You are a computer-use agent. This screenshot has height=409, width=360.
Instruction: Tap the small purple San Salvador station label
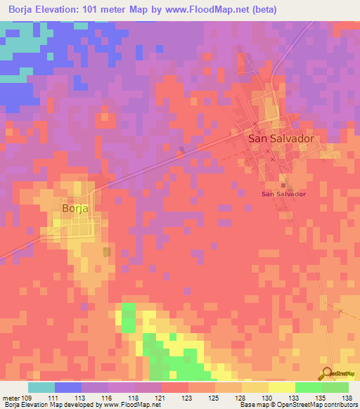click(x=283, y=194)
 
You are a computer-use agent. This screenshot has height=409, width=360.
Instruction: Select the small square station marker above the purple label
click(x=283, y=185)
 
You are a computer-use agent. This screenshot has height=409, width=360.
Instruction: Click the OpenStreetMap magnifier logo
click(x=327, y=373)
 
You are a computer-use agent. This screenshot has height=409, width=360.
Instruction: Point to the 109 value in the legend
click(x=27, y=397)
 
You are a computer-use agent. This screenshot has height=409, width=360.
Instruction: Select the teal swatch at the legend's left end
click(x=41, y=387)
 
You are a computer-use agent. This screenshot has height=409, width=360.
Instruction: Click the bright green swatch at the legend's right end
click(x=335, y=387)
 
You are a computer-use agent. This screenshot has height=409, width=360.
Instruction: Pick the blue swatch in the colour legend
click(x=68, y=387)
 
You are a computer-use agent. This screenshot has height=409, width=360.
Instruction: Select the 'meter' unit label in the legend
click(x=10, y=397)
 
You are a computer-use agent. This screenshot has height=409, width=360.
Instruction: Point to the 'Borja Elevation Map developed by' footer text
click(x=49, y=405)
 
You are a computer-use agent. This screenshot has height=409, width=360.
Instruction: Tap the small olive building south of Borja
click(x=106, y=252)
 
